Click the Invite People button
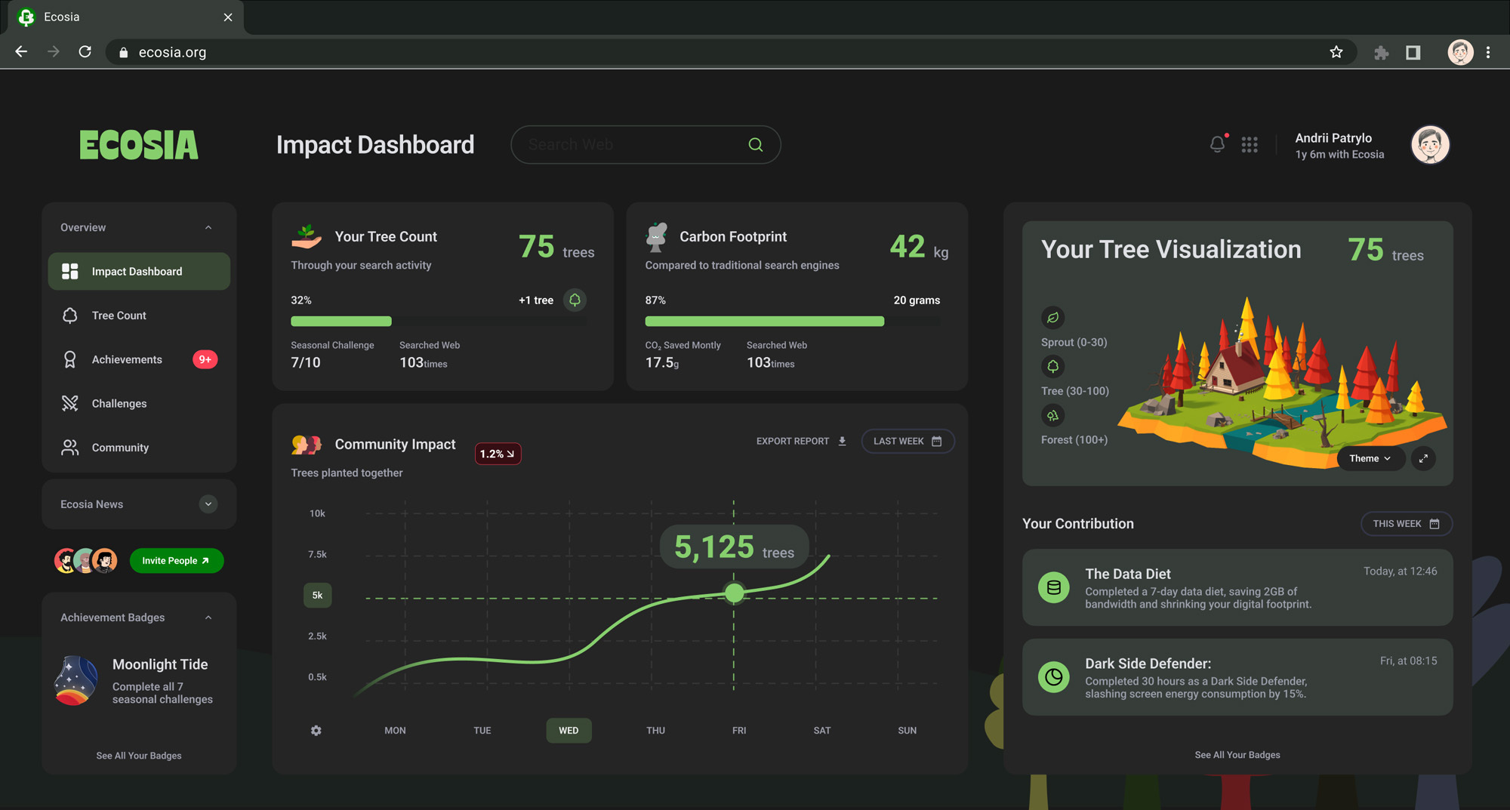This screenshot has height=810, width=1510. (177, 561)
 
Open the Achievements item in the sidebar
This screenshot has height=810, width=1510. (127, 359)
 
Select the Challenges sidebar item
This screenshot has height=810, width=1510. (119, 404)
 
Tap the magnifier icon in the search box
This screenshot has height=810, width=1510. (755, 145)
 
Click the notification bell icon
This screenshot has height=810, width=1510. (1217, 144)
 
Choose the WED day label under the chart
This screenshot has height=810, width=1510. (569, 731)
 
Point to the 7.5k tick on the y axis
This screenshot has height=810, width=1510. (317, 554)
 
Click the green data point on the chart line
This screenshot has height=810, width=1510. (734, 593)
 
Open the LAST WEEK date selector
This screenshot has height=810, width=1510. (908, 442)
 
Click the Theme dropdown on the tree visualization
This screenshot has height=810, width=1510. (1370, 458)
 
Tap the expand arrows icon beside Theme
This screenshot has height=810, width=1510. (1423, 458)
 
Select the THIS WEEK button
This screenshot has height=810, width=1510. (1406, 524)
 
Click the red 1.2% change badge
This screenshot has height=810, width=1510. (498, 454)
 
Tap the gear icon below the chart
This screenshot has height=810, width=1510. (316, 731)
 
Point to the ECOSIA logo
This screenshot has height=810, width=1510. (139, 145)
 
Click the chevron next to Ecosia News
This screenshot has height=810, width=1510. (208, 504)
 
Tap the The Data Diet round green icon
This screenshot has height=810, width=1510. (1054, 587)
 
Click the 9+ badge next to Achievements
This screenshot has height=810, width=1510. (205, 359)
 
